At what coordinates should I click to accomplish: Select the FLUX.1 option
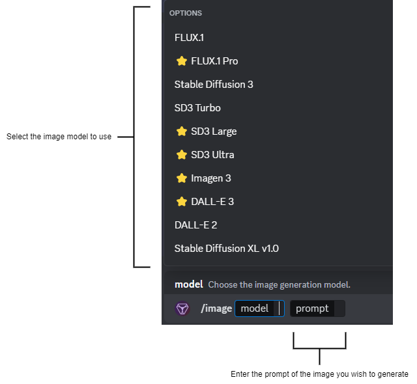point(189,38)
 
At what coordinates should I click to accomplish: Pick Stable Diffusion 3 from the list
point(214,85)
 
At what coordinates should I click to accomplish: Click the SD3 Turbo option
point(197,108)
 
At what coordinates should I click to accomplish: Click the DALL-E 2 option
point(195,225)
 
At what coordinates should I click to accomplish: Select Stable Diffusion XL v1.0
point(218,249)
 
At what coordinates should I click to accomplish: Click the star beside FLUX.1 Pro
point(182,61)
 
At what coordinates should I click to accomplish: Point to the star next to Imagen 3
point(182,178)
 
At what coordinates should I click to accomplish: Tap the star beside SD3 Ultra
point(182,155)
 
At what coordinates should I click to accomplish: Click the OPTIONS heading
point(186,13)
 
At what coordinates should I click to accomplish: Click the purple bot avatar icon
point(182,309)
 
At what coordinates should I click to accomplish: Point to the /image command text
point(216,309)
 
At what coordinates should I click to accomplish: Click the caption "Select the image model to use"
point(59,137)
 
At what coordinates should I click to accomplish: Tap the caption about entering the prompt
point(319,374)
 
